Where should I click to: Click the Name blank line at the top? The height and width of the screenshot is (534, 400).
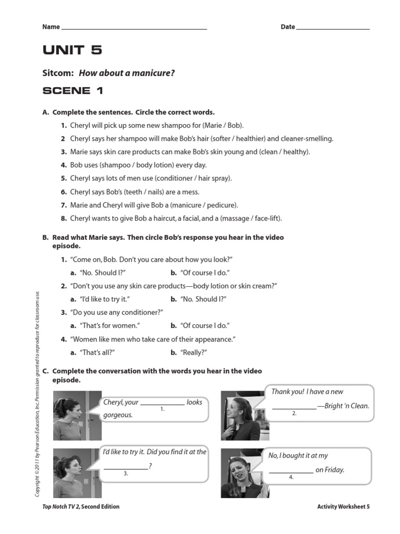pyautogui.click(x=134, y=28)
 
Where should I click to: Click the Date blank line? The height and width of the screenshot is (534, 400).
pyautogui.click(x=333, y=28)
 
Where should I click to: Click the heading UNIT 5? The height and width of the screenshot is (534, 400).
pyautogui.click(x=72, y=51)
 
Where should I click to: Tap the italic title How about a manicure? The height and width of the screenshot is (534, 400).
pyautogui.click(x=127, y=73)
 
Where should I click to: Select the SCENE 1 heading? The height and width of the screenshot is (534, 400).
pyautogui.click(x=73, y=91)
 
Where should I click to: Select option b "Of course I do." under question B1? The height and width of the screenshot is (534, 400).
pyautogui.click(x=205, y=273)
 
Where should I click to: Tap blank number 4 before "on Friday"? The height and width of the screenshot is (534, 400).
pyautogui.click(x=291, y=471)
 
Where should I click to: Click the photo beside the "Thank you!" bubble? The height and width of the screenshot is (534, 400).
pyautogui.click(x=240, y=416)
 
